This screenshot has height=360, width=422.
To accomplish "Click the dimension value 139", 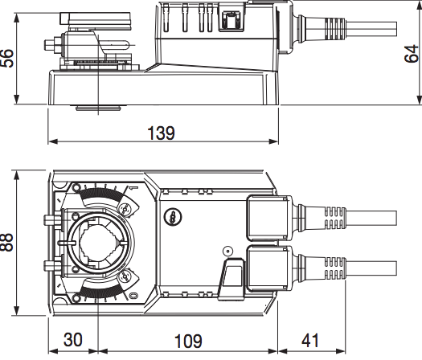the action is pyautogui.click(x=161, y=133).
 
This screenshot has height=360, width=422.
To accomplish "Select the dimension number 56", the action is pyautogui.click(x=7, y=58).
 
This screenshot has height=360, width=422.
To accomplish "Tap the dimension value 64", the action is pyautogui.click(x=412, y=54).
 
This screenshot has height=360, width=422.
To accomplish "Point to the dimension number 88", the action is pyautogui.click(x=7, y=242).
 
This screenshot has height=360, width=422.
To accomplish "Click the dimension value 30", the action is pyautogui.click(x=73, y=340).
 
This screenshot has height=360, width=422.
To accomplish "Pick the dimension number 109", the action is pyautogui.click(x=188, y=342).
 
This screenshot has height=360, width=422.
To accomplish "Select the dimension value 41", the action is pyautogui.click(x=310, y=341).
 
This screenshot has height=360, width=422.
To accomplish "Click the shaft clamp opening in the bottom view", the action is pyautogui.click(x=99, y=242).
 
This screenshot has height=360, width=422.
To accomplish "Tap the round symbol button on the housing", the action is pyautogui.click(x=173, y=217).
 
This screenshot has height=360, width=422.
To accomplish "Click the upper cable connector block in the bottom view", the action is pyautogui.click(x=269, y=218).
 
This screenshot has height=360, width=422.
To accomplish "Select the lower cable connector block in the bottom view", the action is pyautogui.click(x=269, y=268).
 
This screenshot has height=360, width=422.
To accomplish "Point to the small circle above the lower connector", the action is pyautogui.click(x=228, y=252).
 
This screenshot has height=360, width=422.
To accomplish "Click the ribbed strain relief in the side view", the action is pyautogui.click(x=335, y=28).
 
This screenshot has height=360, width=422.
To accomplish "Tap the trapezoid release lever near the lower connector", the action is pyautogui.click(x=231, y=279).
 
